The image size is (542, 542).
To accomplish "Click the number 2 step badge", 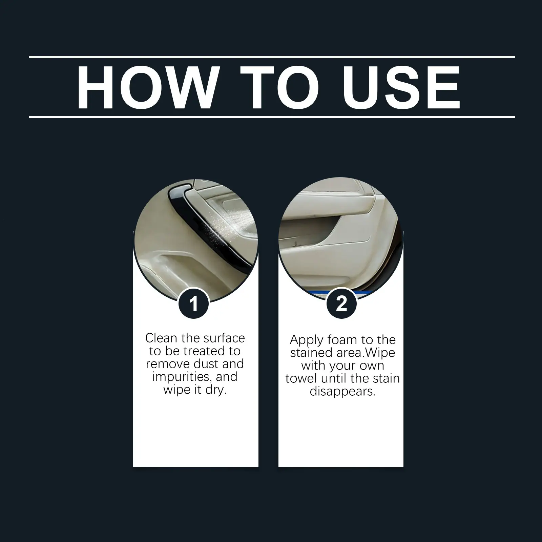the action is point(341,303).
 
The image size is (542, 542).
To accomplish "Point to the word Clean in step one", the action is point(161,338).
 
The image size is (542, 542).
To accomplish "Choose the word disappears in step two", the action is point(342,392).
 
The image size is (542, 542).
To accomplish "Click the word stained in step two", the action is point(311,352).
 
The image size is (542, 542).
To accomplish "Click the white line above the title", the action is point(272,57).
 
